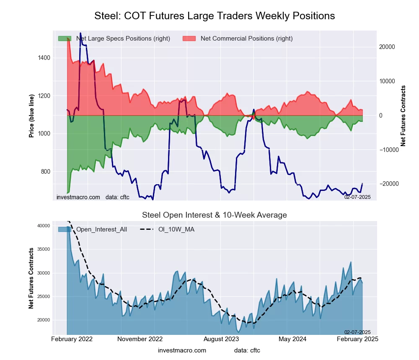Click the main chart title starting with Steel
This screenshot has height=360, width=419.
(215, 16)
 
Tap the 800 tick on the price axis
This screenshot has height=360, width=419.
(44, 172)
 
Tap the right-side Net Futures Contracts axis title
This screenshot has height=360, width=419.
(403, 116)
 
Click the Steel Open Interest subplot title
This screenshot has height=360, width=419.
(215, 215)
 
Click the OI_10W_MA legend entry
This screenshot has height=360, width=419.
(176, 229)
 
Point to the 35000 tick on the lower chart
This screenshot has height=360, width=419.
(43, 249)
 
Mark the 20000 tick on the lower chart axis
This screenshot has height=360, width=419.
(43, 320)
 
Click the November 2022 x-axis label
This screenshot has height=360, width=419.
(140, 339)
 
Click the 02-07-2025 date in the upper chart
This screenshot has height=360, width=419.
(357, 196)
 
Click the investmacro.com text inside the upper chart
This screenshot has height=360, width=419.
(78, 197)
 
